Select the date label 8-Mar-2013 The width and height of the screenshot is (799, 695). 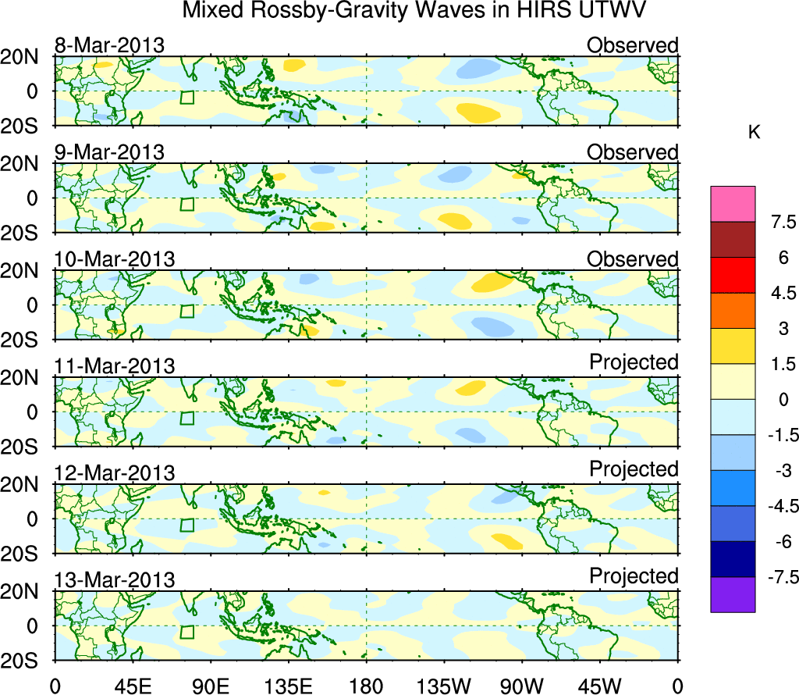pyautogui.click(x=109, y=45)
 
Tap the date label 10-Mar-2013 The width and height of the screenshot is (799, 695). pyautogui.click(x=114, y=259)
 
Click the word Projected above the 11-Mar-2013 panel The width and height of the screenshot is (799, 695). pyautogui.click(x=634, y=362)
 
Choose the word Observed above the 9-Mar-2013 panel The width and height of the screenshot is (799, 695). pyautogui.click(x=633, y=152)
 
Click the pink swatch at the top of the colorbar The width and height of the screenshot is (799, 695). pyautogui.click(x=733, y=204)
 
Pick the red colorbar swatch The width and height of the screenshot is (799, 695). pyautogui.click(x=733, y=275)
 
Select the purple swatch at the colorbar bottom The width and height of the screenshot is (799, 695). pyautogui.click(x=733, y=594)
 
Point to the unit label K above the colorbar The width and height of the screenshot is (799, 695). pyautogui.click(x=754, y=133)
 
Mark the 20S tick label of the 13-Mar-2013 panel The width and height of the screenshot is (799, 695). pyautogui.click(x=26, y=660)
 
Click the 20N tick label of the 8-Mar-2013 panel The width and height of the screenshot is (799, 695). pyautogui.click(x=26, y=56)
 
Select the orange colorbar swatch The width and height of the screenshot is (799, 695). pyautogui.click(x=733, y=311)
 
